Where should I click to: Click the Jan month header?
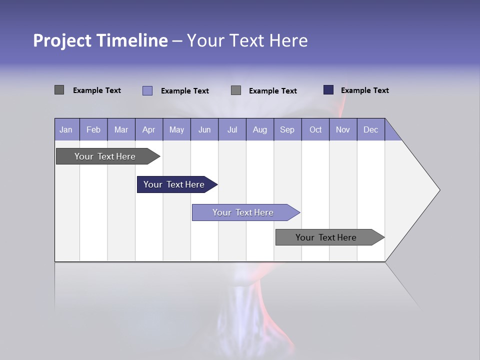[66, 129]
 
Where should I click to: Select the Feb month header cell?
[93, 129]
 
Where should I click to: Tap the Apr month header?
[149, 129]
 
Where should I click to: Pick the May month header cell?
[176, 129]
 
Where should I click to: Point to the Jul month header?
[232, 129]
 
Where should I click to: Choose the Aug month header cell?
[260, 129]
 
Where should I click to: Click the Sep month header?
[287, 129]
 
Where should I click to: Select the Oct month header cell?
[315, 129]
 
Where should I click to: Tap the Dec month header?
[371, 129]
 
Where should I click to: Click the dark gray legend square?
[59, 90]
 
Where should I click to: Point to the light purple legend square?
[147, 90]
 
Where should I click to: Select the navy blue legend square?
[328, 90]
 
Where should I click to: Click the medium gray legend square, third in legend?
[236, 90]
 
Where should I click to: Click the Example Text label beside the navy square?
[364, 90]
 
